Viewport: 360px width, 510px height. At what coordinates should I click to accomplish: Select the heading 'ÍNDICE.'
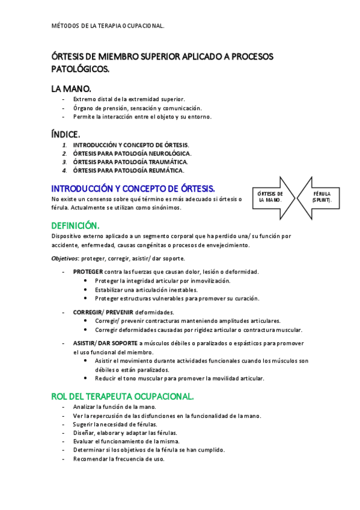click(x=66, y=134)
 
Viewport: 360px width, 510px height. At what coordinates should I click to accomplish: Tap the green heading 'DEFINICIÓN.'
click(x=75, y=225)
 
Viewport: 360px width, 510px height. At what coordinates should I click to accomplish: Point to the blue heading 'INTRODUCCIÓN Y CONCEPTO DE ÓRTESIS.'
click(x=133, y=188)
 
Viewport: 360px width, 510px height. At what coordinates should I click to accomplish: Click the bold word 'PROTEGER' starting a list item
click(x=88, y=272)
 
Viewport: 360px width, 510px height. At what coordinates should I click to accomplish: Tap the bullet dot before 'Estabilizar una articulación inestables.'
click(x=87, y=289)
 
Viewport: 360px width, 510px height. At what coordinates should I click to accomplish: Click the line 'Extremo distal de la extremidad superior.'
click(x=129, y=99)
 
